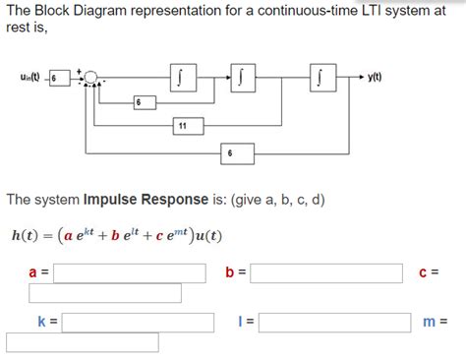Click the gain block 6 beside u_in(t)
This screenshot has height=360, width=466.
(x=60, y=77)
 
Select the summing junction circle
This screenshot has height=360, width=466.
(x=91, y=77)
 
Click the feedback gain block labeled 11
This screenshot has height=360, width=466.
(x=184, y=125)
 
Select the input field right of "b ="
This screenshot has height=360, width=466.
(x=326, y=272)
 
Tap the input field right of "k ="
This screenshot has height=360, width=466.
(x=138, y=322)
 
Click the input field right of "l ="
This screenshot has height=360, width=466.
(x=334, y=322)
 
